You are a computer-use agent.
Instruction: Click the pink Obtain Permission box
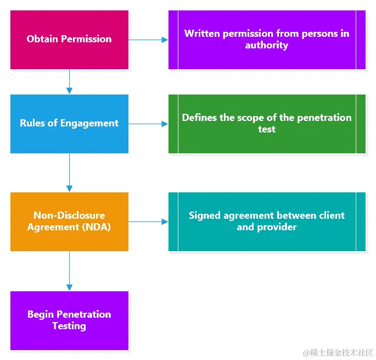pyautogui.click(x=69, y=40)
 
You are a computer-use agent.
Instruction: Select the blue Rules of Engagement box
pyautogui.click(x=69, y=124)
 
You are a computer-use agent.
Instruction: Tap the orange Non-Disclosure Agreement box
pyautogui.click(x=69, y=221)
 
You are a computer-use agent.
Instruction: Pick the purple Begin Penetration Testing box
pyautogui.click(x=69, y=320)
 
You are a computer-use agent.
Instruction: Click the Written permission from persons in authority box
pyautogui.click(x=267, y=40)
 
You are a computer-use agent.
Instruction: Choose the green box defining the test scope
pyautogui.click(x=267, y=124)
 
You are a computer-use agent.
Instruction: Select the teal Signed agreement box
pyautogui.click(x=267, y=221)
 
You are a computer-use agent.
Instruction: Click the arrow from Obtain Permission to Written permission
pyautogui.click(x=148, y=40)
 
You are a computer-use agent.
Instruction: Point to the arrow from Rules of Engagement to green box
pyautogui.click(x=148, y=124)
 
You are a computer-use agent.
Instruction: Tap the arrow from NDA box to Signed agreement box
pyautogui.click(x=148, y=221)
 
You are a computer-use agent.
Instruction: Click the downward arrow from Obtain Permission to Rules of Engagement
pyautogui.click(x=69, y=82)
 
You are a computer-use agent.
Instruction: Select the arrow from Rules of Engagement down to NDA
pyautogui.click(x=69, y=173)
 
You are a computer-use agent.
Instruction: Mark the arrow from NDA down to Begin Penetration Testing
pyautogui.click(x=69, y=271)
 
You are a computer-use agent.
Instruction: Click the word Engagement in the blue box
pyautogui.click(x=91, y=124)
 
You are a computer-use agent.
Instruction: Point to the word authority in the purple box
pyautogui.click(x=267, y=46)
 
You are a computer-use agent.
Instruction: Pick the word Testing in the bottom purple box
pyautogui.click(x=69, y=326)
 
